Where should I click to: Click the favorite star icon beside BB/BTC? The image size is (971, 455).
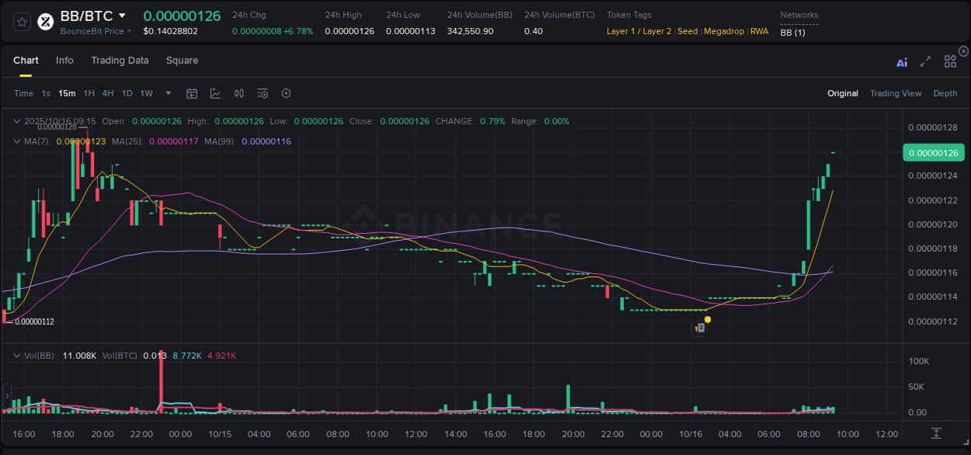[22, 22]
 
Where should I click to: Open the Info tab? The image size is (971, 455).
[64, 61]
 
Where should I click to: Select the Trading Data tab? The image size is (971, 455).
[120, 61]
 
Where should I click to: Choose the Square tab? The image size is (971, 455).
[182, 61]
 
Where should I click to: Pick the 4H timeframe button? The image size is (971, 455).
[108, 93]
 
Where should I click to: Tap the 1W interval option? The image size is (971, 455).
[146, 93]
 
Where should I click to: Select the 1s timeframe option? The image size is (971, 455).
[46, 93]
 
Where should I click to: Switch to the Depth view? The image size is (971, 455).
[945, 93]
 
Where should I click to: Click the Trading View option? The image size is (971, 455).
[896, 93]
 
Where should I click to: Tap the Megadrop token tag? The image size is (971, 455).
[724, 31]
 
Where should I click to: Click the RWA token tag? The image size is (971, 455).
[759, 31]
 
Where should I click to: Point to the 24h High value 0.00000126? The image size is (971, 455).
[350, 31]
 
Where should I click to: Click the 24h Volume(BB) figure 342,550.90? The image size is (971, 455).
[470, 31]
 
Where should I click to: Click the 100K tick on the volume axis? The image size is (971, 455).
[919, 361]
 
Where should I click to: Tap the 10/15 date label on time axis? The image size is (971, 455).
[220, 434]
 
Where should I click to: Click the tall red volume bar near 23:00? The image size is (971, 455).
[161, 380]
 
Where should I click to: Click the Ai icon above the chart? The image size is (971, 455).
[902, 63]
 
